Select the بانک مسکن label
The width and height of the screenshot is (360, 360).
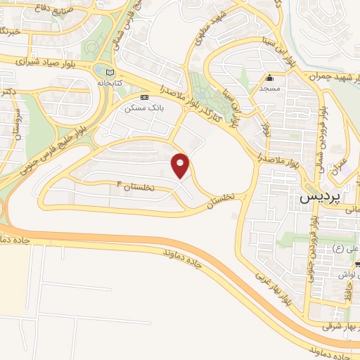[140, 109]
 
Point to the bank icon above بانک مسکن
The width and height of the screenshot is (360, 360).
[144, 98]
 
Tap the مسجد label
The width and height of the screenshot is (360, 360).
[269, 89]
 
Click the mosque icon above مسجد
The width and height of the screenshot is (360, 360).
[269, 78]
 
